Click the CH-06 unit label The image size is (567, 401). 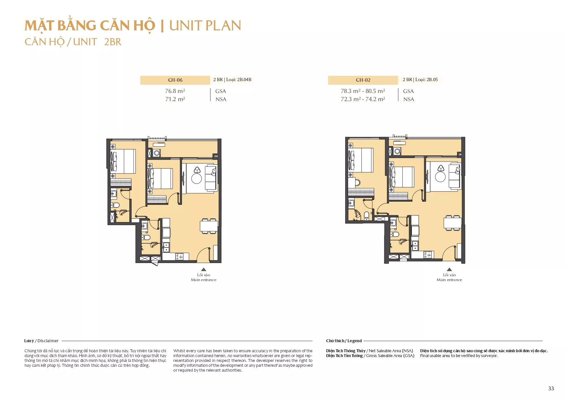(x=175, y=80)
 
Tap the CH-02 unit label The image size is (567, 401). (x=363, y=80)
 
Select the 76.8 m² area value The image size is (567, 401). (x=175, y=91)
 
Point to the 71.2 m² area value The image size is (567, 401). (x=175, y=99)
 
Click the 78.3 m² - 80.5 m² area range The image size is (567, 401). (x=363, y=91)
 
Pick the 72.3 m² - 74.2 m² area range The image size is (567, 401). (x=363, y=99)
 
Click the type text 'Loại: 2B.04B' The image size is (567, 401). (x=239, y=79)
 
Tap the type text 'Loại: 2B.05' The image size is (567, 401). (x=426, y=79)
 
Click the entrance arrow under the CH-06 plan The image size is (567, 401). (x=204, y=269)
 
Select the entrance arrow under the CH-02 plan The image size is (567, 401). (x=449, y=269)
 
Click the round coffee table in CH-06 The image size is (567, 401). (x=197, y=179)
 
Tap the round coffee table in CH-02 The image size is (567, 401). (x=440, y=177)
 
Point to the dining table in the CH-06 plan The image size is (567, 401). (x=209, y=226)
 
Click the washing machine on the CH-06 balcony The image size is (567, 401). (x=157, y=153)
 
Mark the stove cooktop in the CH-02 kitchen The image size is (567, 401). (x=428, y=255)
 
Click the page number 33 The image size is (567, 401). (x=551, y=388)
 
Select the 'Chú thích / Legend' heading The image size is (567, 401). (x=344, y=341)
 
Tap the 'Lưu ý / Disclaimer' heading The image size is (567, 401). (x=41, y=341)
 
